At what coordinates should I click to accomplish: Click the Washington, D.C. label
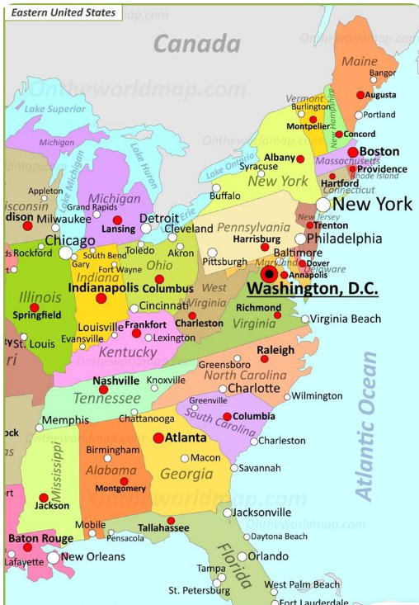click(x=313, y=290)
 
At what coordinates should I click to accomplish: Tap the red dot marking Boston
click(x=353, y=152)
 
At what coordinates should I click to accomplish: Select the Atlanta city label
click(x=186, y=437)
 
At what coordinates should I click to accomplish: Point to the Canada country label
click(x=197, y=44)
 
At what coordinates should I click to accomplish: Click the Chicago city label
click(x=69, y=240)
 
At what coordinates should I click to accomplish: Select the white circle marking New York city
click(x=323, y=204)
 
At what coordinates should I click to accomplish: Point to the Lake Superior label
click(x=55, y=109)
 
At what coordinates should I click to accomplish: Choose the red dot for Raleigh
click(x=264, y=359)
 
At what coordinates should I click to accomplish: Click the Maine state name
click(x=359, y=62)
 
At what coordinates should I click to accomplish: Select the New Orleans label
click(x=93, y=556)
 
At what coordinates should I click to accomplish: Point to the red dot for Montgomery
click(x=124, y=481)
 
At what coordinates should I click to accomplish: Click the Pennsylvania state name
click(x=254, y=227)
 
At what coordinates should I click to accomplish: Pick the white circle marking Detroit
click(x=146, y=229)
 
